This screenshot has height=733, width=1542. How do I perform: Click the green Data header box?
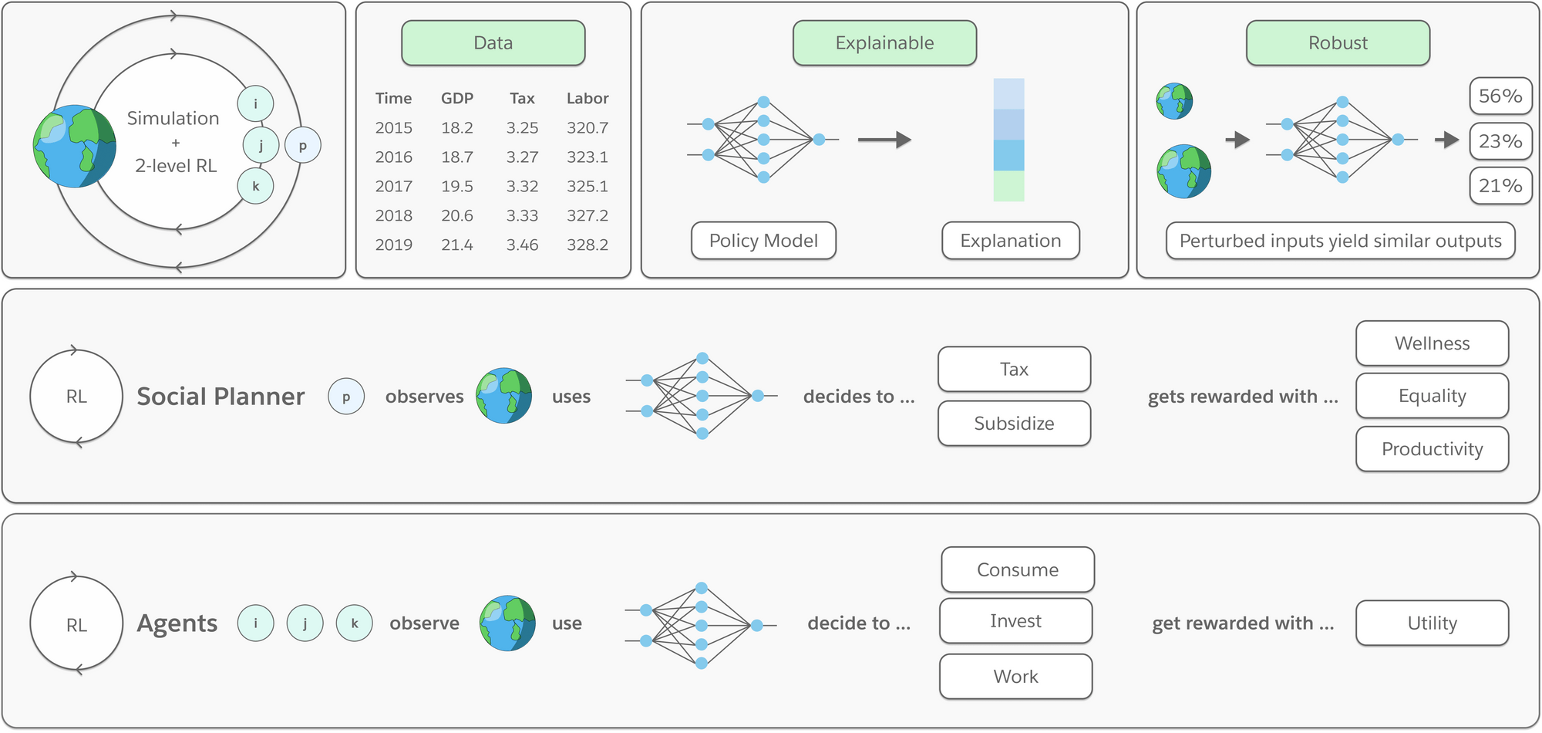tap(493, 43)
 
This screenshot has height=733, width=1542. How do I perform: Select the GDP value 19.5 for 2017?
tap(457, 186)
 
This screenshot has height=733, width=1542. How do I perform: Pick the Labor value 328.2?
tap(588, 245)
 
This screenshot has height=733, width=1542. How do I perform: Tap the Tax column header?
tap(522, 98)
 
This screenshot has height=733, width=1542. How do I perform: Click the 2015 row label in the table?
tap(393, 127)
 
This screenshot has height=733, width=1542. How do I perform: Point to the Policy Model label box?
tap(763, 241)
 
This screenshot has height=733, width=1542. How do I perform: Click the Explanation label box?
tap(1010, 241)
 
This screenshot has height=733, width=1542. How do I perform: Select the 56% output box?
tap(1500, 96)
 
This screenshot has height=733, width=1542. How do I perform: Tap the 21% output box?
tap(1500, 186)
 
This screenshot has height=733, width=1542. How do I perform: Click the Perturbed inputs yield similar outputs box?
tap(1340, 241)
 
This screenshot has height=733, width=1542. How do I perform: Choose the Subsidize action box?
tap(1014, 424)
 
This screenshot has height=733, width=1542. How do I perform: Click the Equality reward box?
tap(1432, 396)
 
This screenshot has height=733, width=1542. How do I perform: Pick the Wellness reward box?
tap(1432, 343)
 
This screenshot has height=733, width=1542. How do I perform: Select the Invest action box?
tap(1015, 621)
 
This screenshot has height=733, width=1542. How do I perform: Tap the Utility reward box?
tap(1432, 623)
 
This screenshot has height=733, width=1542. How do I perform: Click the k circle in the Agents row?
tap(355, 623)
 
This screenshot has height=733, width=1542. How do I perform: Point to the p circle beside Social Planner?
tap(346, 397)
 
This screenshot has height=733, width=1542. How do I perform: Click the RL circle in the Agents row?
tap(76, 624)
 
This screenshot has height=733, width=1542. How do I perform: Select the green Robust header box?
tap(1338, 43)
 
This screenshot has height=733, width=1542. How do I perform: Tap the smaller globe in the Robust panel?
tap(1174, 101)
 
